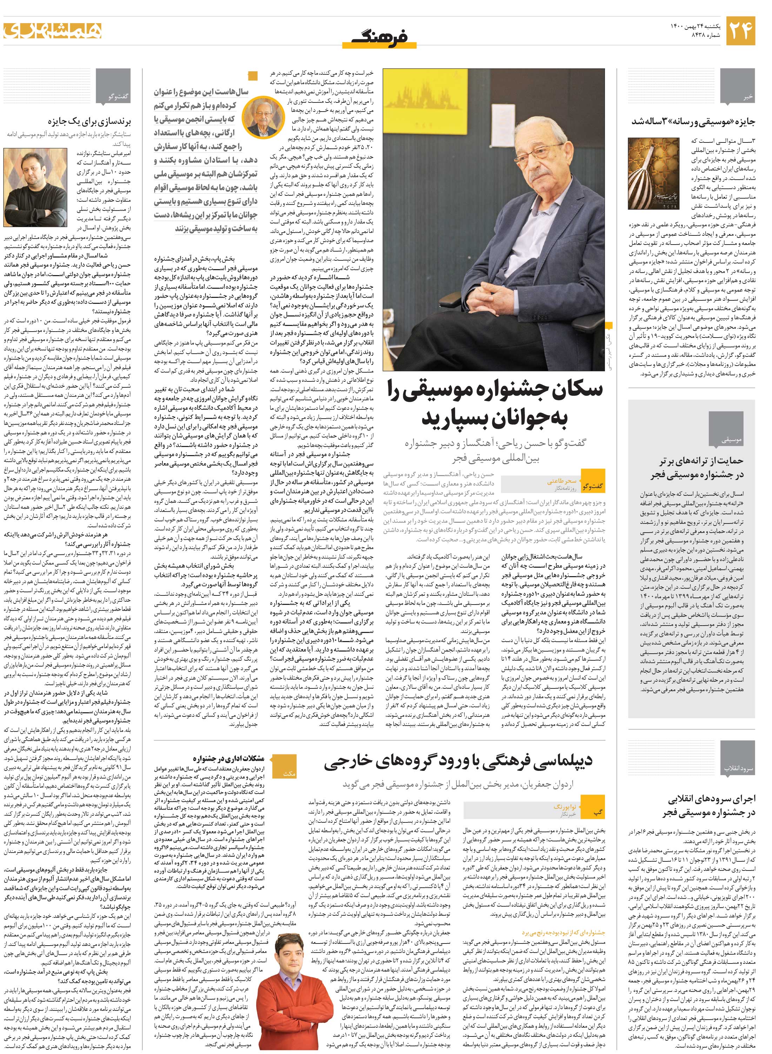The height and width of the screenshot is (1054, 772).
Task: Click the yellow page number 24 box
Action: pos(741,31)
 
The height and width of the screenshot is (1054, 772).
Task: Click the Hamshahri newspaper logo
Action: pos(52,31)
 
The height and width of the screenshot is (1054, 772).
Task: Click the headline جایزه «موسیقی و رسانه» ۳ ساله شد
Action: pos(693,121)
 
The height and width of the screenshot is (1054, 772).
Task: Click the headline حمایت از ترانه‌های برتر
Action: pos(701,468)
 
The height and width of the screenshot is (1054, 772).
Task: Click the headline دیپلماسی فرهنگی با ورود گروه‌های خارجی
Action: pos(458,761)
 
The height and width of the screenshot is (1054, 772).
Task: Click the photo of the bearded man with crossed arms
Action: pos(29,187)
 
